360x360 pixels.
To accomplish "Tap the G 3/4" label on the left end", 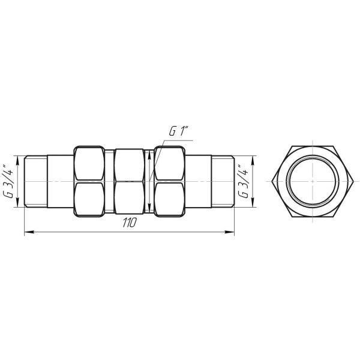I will pos(8,181).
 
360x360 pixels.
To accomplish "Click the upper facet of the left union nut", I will pos(91,163).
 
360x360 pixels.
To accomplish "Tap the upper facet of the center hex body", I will pos(130,163).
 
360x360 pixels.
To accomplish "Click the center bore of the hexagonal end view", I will pos(311,181).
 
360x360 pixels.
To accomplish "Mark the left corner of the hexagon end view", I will pos(271,181).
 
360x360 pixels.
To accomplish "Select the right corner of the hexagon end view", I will pos(351,181).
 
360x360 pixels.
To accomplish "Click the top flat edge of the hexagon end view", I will pos(311,146).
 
